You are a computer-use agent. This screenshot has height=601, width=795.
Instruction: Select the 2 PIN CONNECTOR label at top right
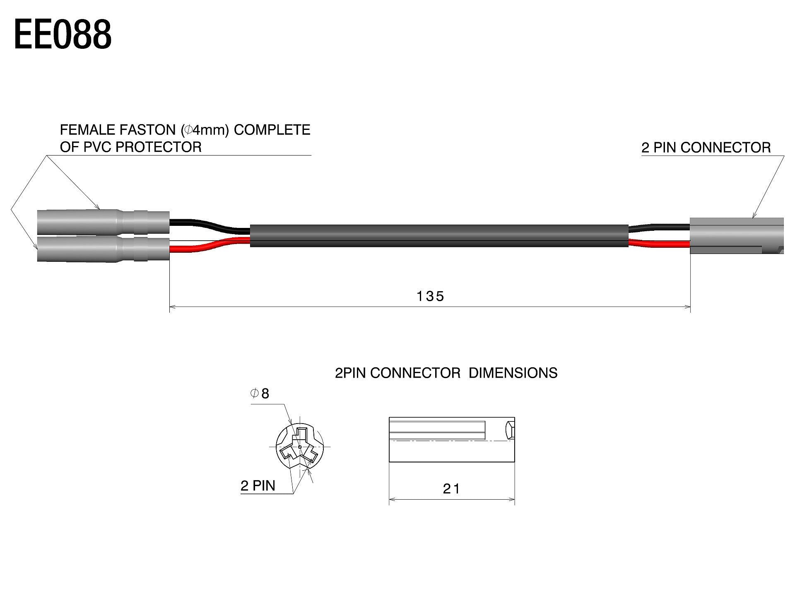pos(706,148)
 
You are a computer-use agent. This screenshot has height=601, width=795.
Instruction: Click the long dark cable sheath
pos(439,236)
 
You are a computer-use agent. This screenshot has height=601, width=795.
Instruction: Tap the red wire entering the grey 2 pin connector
pos(658,244)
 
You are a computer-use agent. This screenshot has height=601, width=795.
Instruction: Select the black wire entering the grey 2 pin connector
pos(658,227)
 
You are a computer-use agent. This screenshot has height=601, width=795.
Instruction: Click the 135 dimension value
pos(430,296)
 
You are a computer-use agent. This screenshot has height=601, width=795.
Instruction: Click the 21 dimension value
pos(451,489)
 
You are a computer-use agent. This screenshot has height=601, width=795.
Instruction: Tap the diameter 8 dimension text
pos(260,393)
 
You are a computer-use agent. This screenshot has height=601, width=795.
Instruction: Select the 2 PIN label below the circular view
pos(258,486)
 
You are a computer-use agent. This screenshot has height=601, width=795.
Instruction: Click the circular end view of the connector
pos(299,447)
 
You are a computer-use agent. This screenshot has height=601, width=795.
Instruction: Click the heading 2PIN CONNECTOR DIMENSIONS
pos(446,373)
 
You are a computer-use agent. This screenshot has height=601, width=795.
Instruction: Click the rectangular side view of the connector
pos(451,439)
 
